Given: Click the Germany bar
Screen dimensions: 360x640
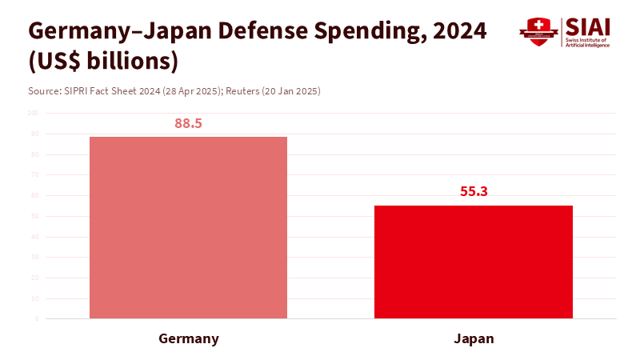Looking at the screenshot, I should point(188,227).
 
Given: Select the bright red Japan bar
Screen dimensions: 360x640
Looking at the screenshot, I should point(474,262).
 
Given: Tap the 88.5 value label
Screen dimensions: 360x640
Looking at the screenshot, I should point(188,123).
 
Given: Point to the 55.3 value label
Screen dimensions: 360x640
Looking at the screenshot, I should point(474,192).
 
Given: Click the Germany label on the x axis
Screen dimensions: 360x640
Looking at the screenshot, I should point(189,338).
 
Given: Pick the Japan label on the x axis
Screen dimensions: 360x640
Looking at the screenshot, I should point(474,338).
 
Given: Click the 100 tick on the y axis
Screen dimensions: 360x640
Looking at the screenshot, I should point(33,113).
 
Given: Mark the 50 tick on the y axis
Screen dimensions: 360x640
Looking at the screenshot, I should point(34,216).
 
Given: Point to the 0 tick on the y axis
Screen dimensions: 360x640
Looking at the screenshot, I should point(36,318).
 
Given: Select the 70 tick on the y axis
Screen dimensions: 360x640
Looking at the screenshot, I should point(34,174).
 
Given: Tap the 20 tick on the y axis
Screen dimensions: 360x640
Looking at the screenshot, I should point(34,278).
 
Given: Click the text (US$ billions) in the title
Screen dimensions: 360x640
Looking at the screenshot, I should point(102,62).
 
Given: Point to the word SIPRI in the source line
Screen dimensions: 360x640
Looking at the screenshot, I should point(77,91).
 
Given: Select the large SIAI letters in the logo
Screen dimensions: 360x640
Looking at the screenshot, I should point(587,26).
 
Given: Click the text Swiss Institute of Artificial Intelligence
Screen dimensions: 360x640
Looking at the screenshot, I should point(587,43).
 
